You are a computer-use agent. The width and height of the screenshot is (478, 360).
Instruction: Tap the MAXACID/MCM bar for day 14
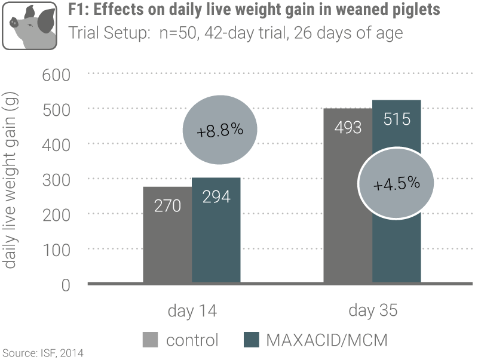pyautogui.click(x=216, y=239)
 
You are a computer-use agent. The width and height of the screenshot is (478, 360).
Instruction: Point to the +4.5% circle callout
pyautogui.click(x=397, y=184)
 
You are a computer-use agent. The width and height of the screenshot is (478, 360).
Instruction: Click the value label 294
pyautogui.click(x=216, y=196)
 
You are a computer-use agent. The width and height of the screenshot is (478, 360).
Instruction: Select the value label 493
pyautogui.click(x=347, y=127)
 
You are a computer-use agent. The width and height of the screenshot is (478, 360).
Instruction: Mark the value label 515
pyautogui.click(x=396, y=119)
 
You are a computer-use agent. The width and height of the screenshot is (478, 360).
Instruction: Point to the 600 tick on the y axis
pyautogui.click(x=57, y=75)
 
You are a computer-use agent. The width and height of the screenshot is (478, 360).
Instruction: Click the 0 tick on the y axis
pyautogui.click(x=66, y=285)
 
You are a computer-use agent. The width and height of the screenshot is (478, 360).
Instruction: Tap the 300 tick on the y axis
pyautogui.click(x=57, y=180)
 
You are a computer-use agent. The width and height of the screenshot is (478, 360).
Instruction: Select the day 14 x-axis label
pyautogui.click(x=191, y=311)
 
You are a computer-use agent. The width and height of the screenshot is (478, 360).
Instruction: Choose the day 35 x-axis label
pyautogui.click(x=372, y=311)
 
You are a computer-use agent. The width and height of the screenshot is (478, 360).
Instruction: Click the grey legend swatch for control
pyautogui.click(x=151, y=340)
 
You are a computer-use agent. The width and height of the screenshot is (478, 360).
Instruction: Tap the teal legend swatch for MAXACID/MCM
pyautogui.click(x=252, y=340)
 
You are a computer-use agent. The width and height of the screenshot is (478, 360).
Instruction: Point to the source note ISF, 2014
pyautogui.click(x=42, y=353)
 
